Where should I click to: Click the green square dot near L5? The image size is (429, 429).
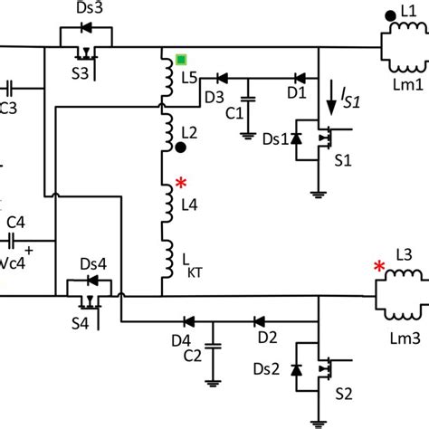(x=182, y=61)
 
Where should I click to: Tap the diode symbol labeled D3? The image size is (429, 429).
(x=222, y=80)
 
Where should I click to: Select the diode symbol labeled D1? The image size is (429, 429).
(x=295, y=80)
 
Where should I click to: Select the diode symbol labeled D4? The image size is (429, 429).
(x=189, y=320)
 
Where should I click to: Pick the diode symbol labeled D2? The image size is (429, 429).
(x=259, y=320)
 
